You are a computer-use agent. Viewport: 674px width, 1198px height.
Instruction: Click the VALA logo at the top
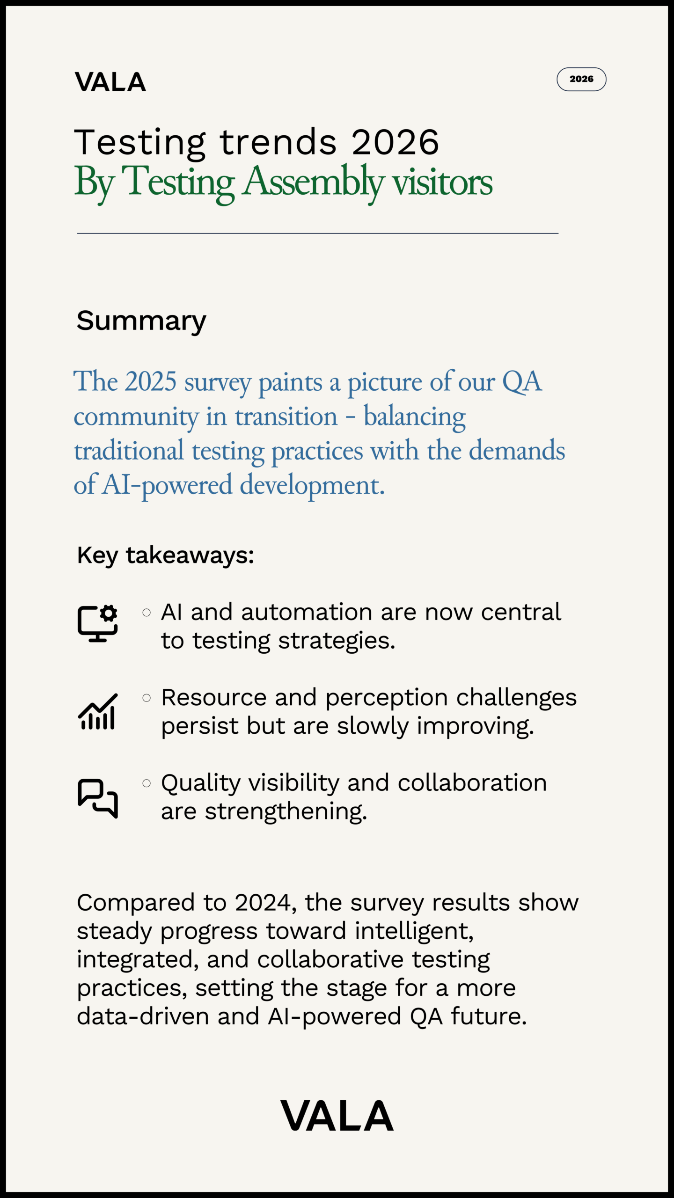(110, 82)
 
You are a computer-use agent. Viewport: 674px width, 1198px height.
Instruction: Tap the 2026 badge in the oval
(581, 79)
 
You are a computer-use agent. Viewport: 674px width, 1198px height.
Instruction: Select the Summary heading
(141, 321)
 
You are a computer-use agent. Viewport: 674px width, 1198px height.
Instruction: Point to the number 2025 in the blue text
(151, 381)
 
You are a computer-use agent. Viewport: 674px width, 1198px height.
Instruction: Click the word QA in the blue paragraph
(522, 381)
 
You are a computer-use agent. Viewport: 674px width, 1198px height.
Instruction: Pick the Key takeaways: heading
(165, 555)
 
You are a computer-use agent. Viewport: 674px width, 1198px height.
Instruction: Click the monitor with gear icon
(98, 623)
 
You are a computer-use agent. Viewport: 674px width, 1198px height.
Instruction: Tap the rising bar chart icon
(98, 712)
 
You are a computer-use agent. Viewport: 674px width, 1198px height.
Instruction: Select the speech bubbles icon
(98, 798)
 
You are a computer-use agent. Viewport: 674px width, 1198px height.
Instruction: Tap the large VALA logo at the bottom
(337, 1116)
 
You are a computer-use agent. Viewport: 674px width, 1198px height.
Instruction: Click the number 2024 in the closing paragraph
(263, 902)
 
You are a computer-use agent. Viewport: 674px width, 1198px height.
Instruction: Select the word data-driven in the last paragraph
(143, 1016)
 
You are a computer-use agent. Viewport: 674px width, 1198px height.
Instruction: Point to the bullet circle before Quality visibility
(147, 783)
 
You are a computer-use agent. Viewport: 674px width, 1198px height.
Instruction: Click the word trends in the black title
(278, 142)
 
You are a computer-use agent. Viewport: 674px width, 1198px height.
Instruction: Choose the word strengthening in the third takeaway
(286, 811)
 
